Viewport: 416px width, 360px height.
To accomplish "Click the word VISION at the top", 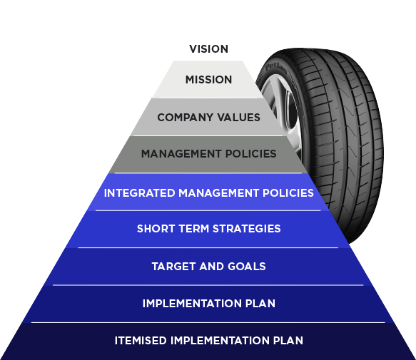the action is [x=208, y=49].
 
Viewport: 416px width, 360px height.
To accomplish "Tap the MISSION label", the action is [x=208, y=80].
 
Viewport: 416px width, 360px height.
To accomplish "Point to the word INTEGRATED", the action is [x=140, y=193].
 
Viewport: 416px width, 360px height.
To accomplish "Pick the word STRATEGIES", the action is [x=247, y=229].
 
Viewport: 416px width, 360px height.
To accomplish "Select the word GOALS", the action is [x=247, y=267].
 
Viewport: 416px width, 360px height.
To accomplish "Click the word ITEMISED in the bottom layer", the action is [x=141, y=341].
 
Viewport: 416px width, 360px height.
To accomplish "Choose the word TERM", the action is [x=194, y=229].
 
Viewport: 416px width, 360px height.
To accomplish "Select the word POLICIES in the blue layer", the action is [x=288, y=193].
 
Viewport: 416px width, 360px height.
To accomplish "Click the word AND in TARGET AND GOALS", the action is [x=212, y=267].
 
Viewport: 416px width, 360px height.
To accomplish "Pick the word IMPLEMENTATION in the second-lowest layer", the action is [x=192, y=304].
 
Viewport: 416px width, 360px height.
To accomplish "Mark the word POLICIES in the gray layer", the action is [x=251, y=154].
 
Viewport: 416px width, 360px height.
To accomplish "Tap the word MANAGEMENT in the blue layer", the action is [x=219, y=193].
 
